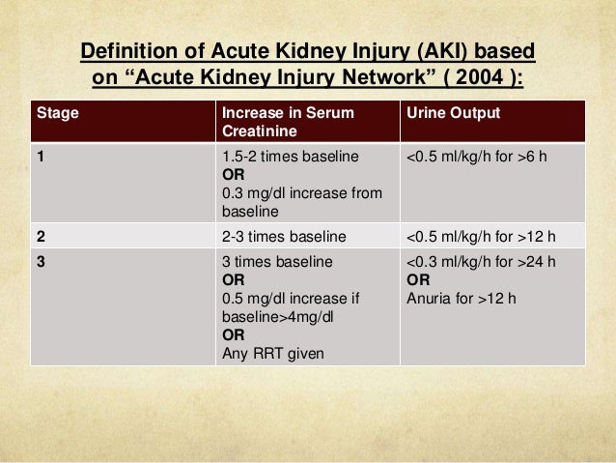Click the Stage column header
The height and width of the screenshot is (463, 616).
[x=58, y=114]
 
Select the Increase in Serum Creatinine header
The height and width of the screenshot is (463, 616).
[x=287, y=122]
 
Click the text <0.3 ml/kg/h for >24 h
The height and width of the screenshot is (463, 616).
[x=481, y=262]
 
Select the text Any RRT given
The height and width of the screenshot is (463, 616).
[x=273, y=353]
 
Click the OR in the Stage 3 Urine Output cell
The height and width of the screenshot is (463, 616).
[x=420, y=279]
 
